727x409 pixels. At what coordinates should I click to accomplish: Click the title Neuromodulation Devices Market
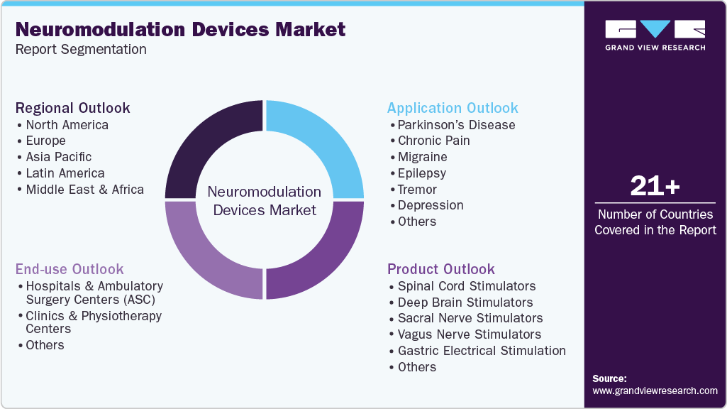pos(180,29)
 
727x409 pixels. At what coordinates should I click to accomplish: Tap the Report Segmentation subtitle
pos(81,50)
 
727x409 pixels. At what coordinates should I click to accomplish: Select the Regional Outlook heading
pos(73,108)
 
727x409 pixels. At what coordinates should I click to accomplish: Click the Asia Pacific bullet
pos(59,157)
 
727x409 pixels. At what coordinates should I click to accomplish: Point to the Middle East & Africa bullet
pos(84,190)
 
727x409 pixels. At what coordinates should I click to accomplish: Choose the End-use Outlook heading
pos(70,269)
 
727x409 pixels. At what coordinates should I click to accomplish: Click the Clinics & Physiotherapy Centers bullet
pos(94,322)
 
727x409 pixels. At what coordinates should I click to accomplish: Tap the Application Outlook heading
pos(453,108)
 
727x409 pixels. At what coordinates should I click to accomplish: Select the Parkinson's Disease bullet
pos(456,125)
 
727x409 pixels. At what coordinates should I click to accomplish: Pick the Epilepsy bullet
pos(421,173)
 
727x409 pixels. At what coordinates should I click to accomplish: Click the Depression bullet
pos(430,205)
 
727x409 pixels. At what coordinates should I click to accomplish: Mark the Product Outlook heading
pos(441,269)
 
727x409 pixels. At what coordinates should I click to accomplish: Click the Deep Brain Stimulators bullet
pos(465,302)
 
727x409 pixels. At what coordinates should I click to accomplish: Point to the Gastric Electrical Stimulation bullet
pos(482,351)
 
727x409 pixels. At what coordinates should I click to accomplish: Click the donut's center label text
pos(264,201)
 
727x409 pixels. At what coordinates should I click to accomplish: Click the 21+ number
pos(655,187)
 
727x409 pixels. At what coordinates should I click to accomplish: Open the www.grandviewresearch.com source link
pos(655,391)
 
